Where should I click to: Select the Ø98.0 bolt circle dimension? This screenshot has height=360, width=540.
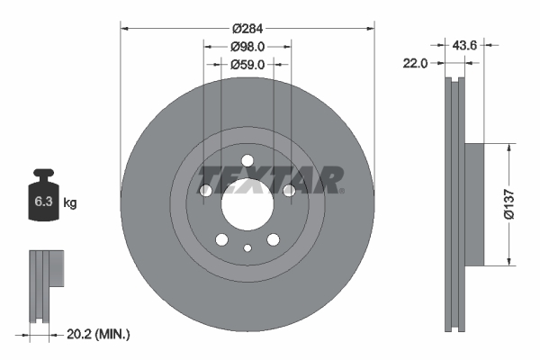247,46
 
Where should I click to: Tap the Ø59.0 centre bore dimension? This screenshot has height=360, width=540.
247,64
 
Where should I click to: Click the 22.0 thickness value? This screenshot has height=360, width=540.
414,63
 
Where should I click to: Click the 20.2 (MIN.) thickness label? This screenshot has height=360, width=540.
99,334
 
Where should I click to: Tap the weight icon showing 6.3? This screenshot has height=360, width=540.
42,201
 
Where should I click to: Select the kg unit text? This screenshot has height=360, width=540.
70,203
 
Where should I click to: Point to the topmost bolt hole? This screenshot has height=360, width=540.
247,161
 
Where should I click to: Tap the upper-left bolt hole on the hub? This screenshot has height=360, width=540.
206,191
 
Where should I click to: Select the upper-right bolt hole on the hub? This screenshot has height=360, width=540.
289,191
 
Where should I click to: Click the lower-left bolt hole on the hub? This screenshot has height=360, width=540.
221,239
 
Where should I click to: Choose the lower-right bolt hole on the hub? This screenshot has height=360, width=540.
274,239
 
